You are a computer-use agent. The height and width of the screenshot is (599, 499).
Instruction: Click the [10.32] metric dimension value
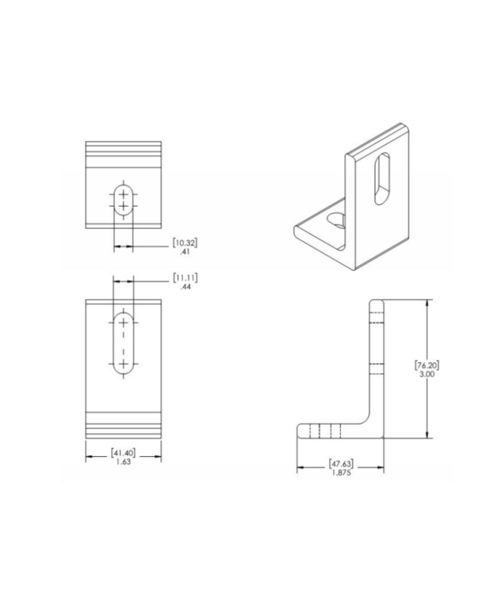click(x=185, y=243)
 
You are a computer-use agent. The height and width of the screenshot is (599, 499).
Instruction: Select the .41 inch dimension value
click(x=185, y=252)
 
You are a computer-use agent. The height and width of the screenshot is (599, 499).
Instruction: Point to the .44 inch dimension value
click(x=185, y=287)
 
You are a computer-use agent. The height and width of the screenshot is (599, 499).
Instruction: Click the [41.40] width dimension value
click(x=123, y=453)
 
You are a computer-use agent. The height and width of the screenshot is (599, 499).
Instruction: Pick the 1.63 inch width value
click(x=123, y=462)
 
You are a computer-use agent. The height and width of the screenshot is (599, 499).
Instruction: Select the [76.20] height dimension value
click(x=427, y=365)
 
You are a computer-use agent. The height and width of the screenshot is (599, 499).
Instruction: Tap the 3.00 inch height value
click(x=427, y=375)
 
